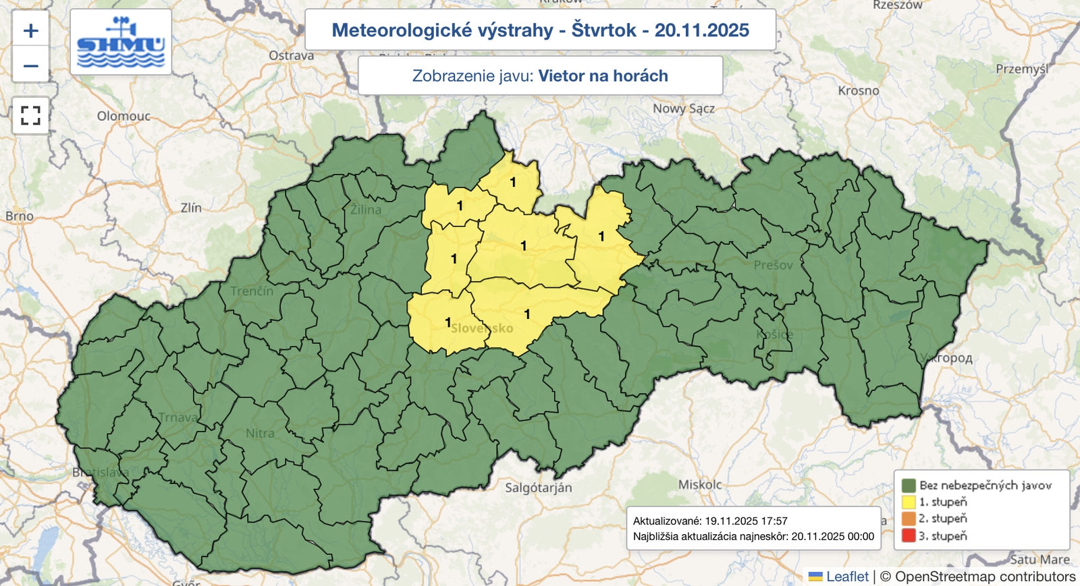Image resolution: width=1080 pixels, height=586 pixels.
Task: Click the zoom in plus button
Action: [x=30, y=30]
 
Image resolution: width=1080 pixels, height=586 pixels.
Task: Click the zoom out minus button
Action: [x=30, y=66]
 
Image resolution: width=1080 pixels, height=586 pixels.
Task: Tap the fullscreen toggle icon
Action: [x=30, y=115]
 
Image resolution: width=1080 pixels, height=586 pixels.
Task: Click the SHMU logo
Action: [x=121, y=42]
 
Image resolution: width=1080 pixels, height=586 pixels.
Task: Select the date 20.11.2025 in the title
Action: [x=701, y=30]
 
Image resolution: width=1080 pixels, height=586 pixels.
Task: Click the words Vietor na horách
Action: [x=603, y=76]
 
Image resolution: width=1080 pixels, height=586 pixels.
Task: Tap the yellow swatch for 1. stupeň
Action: [x=909, y=502]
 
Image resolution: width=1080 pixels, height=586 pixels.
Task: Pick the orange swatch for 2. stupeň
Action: [x=909, y=519]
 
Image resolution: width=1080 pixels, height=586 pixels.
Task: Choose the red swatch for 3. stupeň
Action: [x=909, y=536]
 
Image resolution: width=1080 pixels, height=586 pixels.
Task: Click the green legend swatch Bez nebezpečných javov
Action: [x=909, y=485]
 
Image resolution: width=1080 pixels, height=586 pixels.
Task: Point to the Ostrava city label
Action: [x=291, y=55]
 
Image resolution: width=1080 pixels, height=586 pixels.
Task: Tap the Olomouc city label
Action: [x=124, y=116]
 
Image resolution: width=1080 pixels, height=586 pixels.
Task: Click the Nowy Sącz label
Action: [x=683, y=109]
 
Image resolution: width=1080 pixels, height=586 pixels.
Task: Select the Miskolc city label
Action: [x=699, y=484]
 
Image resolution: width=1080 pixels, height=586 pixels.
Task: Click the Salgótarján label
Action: [x=538, y=488]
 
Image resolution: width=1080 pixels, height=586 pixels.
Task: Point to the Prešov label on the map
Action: [x=773, y=265]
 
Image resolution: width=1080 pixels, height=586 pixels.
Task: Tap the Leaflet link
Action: [x=846, y=577]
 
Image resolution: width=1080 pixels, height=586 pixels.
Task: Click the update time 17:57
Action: [x=774, y=521]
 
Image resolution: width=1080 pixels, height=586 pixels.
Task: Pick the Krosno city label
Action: [x=858, y=90]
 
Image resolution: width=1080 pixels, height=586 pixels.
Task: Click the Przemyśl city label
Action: [x=1022, y=69]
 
